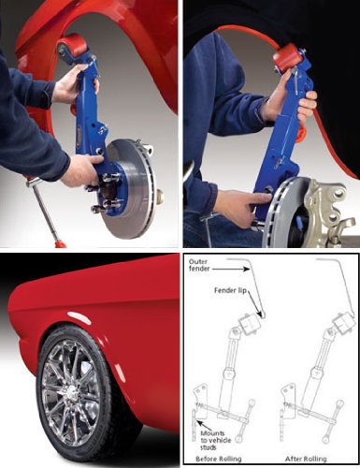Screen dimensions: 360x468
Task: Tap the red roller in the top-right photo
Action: [286, 58]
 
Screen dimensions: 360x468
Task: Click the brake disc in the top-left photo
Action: [131, 188]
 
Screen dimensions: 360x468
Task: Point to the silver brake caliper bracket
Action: [329, 212]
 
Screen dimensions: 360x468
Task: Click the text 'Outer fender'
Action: [199, 265]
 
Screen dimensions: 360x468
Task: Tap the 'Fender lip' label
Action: [230, 290]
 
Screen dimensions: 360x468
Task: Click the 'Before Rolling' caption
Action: [218, 459]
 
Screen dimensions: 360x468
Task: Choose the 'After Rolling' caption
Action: [306, 459]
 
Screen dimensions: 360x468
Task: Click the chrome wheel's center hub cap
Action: [70, 389]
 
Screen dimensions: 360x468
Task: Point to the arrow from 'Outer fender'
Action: [231, 268]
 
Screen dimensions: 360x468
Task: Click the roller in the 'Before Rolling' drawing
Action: [250, 325]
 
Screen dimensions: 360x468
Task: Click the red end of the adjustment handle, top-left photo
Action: [60, 242]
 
